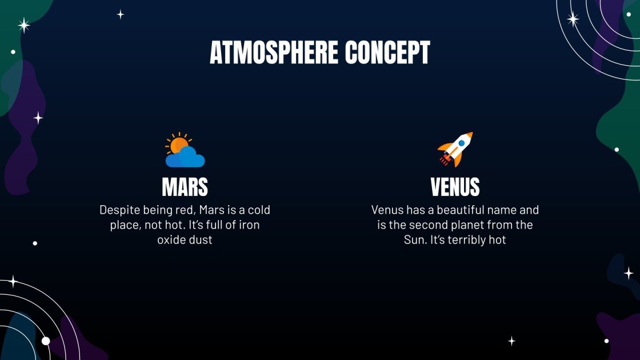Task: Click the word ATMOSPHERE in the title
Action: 274,53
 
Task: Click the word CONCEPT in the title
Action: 387,53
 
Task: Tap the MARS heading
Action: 185,187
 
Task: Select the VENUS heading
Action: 455,187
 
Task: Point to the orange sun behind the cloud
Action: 178,145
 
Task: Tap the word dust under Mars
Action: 201,240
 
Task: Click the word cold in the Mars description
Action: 258,210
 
